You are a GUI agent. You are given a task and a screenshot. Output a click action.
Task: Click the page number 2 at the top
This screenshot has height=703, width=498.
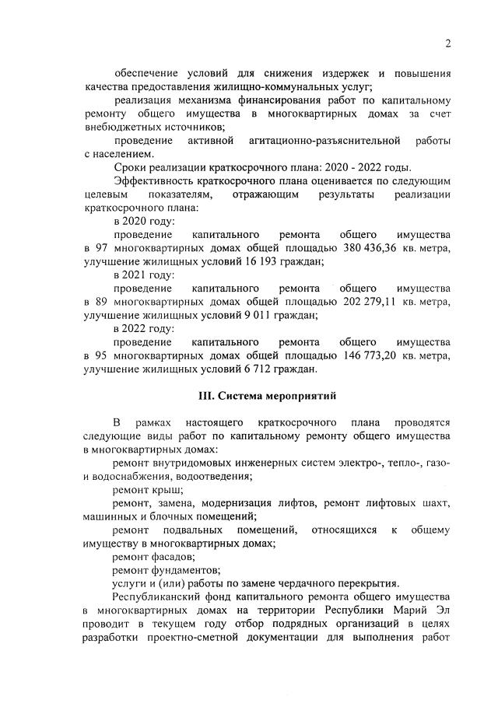point(448,43)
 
